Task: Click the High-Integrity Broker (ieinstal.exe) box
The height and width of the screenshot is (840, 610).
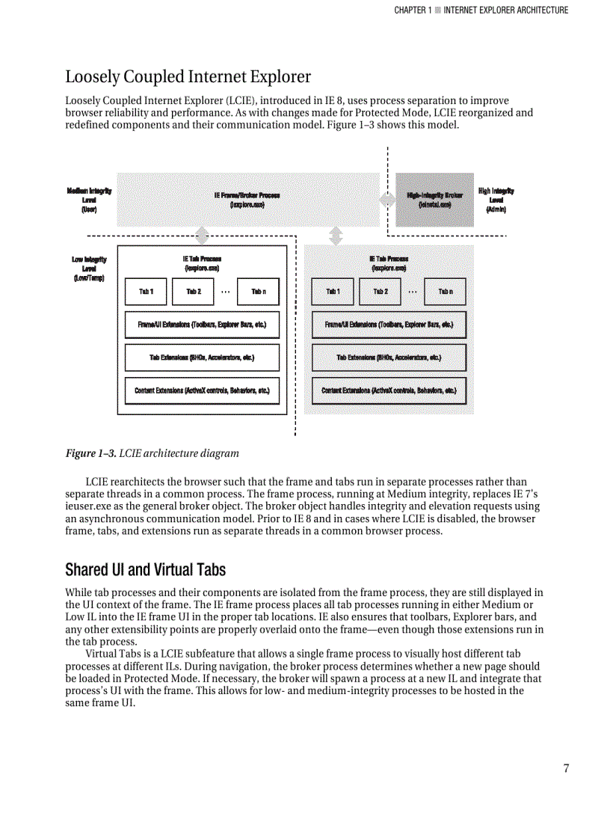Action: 434,199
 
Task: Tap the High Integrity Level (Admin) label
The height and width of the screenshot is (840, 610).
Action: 496,200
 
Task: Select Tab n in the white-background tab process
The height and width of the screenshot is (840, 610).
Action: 259,291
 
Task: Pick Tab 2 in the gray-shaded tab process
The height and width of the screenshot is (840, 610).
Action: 381,291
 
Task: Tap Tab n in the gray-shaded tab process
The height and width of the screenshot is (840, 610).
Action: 446,291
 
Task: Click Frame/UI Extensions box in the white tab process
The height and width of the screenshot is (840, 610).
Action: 202,325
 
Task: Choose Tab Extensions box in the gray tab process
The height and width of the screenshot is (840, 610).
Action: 389,358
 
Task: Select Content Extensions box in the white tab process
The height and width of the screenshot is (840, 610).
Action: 202,390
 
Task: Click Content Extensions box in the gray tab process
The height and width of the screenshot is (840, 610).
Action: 389,390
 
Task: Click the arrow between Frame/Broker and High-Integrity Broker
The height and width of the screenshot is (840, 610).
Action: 388,200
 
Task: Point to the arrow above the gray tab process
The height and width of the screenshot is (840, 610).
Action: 336,236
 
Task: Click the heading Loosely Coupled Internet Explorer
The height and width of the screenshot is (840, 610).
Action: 188,76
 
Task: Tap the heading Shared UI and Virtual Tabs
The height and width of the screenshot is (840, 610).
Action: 145,569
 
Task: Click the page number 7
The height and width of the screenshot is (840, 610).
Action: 566,768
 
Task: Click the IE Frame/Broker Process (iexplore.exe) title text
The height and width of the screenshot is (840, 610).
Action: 247,199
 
